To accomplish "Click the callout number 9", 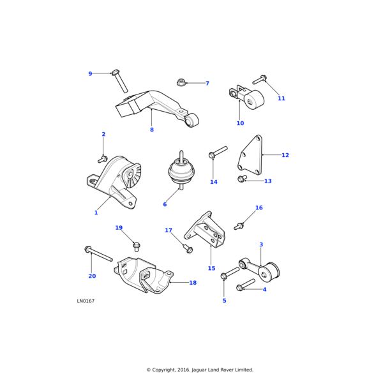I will (x=90, y=74).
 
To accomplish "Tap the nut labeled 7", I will (x=181, y=82).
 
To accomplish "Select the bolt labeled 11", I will (x=260, y=80).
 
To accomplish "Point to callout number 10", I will (x=240, y=123).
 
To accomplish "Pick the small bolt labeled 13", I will (x=242, y=179).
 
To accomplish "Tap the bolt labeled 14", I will (x=217, y=153).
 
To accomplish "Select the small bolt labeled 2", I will (x=102, y=159).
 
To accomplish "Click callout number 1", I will (x=96, y=213).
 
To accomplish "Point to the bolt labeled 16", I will (x=240, y=225).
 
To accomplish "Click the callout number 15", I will (x=211, y=269).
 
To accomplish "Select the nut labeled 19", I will (x=137, y=246).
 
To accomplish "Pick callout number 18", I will (x=193, y=283).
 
